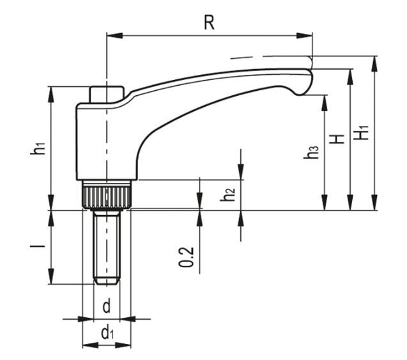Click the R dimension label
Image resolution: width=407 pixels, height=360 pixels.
[x=209, y=22]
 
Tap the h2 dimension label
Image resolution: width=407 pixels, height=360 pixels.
[x=228, y=195]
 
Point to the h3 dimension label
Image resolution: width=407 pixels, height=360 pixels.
[x=312, y=153]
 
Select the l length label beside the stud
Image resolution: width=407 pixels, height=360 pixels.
[x=40, y=247]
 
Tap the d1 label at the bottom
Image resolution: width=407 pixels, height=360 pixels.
[x=107, y=333]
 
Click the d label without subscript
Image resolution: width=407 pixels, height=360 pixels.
[x=106, y=306]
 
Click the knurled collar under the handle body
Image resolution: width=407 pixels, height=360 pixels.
[x=106, y=194]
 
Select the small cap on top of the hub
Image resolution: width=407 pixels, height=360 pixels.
[x=106, y=94]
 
